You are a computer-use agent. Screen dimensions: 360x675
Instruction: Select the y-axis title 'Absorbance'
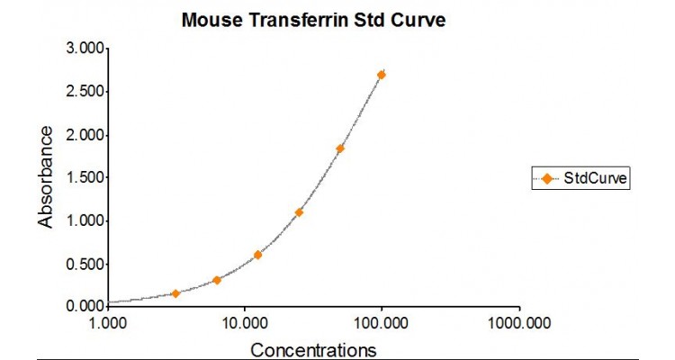click(x=46, y=176)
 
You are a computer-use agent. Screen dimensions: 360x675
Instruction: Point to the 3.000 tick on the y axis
click(x=82, y=49)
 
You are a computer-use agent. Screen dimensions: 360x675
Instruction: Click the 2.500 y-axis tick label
click(x=82, y=92)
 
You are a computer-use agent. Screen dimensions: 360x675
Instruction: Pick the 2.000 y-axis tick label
click(x=82, y=135)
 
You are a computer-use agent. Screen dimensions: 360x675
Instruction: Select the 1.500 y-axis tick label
click(x=82, y=177)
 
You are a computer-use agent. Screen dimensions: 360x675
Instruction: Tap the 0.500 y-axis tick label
click(x=82, y=264)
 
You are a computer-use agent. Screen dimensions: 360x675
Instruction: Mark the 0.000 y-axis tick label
click(x=82, y=306)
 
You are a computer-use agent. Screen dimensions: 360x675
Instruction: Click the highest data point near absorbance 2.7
click(x=382, y=75)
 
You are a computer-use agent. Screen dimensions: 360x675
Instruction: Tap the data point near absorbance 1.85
click(x=340, y=148)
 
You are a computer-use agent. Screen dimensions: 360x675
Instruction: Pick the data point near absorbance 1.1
click(x=299, y=212)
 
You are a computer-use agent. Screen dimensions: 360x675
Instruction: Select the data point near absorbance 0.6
click(x=257, y=255)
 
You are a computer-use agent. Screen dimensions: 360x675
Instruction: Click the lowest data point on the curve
click(x=175, y=293)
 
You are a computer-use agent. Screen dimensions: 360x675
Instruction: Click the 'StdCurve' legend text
click(x=595, y=178)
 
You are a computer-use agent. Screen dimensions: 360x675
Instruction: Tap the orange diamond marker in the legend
click(x=547, y=178)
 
